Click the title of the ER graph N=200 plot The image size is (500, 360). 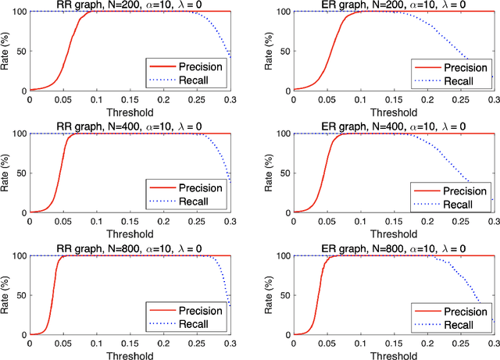[x=392, y=5]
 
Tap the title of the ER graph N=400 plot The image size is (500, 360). [x=392, y=127]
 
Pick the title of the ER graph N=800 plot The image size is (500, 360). [x=392, y=248]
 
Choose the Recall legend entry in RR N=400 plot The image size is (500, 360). [x=188, y=202]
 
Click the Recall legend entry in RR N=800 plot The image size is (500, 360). [x=188, y=324]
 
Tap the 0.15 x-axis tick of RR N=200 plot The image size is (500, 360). [x=130, y=99]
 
